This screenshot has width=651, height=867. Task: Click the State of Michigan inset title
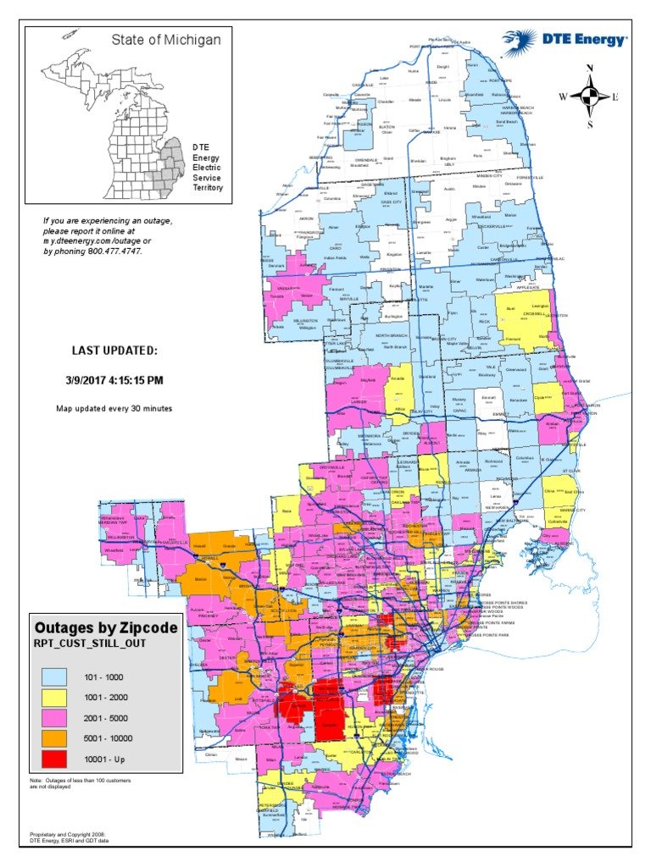pos(166,40)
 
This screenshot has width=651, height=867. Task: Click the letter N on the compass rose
pos(590,69)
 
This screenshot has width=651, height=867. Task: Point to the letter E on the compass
pos(615,97)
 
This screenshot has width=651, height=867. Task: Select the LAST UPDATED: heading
pos(114,351)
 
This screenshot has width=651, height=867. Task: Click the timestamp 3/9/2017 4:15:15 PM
pos(114,380)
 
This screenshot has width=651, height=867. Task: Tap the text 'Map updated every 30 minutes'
pos(114,409)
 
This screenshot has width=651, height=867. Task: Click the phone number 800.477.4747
pos(114,251)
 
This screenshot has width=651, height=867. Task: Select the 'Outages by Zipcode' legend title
pos(106,628)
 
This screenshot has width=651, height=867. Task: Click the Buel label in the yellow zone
pos(510,309)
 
